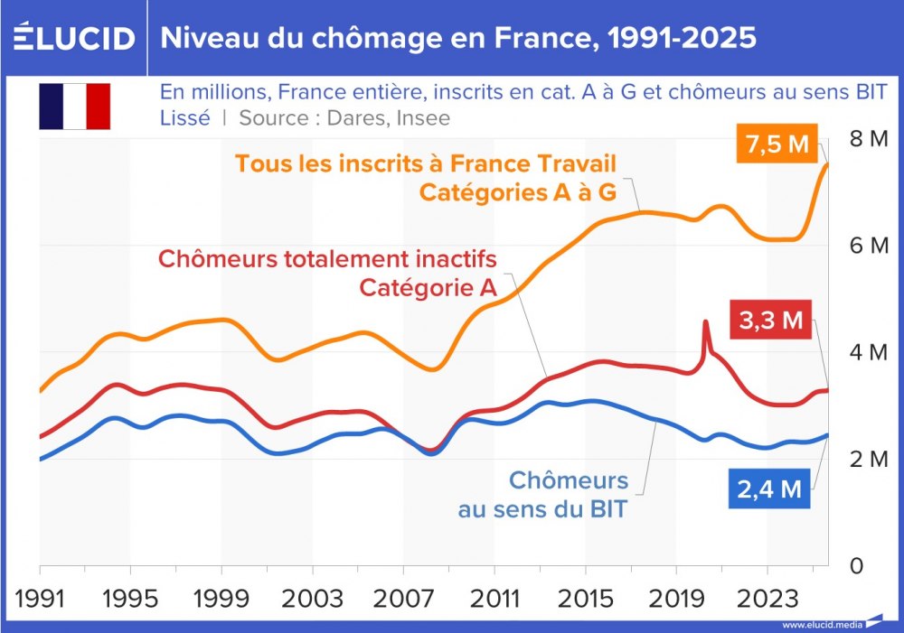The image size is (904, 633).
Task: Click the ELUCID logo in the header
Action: click(x=74, y=38)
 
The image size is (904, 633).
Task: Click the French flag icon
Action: click(x=74, y=106)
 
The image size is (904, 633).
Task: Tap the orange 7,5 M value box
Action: click(x=775, y=145)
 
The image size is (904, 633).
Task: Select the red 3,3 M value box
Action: click(x=767, y=321)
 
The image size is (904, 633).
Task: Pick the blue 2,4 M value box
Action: click(x=767, y=489)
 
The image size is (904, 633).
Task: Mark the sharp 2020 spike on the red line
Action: click(x=705, y=322)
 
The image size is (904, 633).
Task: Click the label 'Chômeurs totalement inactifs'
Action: click(x=327, y=259)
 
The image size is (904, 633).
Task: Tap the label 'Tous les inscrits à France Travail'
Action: click(x=425, y=164)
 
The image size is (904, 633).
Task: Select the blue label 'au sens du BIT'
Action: click(x=542, y=509)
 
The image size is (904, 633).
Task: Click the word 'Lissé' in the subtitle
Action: click(x=185, y=117)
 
